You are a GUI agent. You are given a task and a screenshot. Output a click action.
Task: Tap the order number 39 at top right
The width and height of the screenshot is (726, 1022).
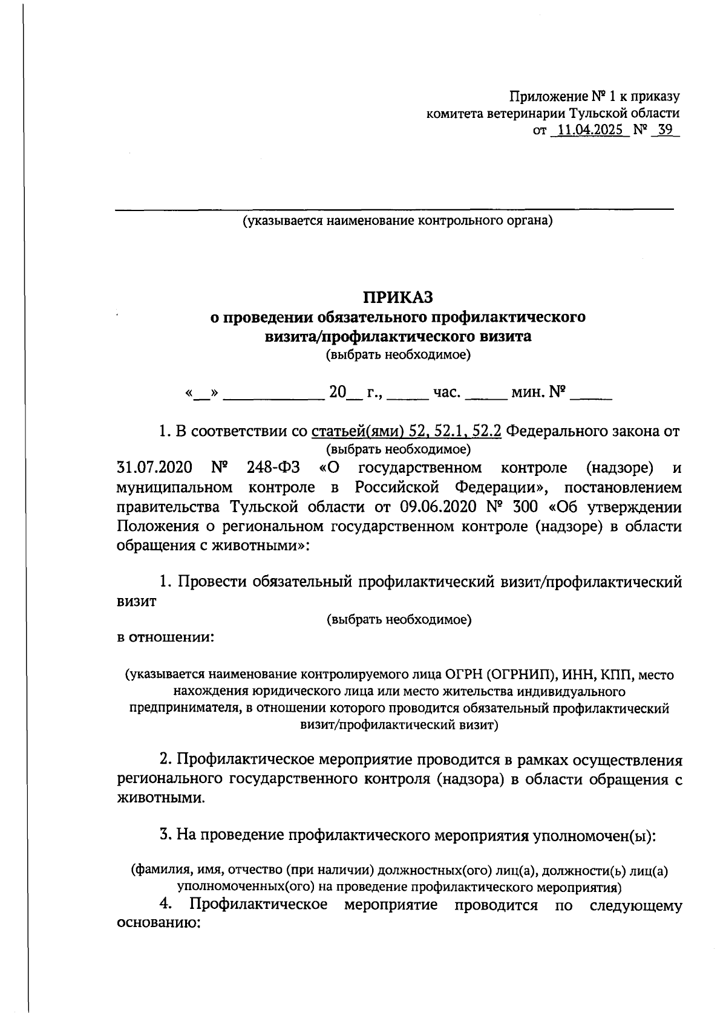[665, 130]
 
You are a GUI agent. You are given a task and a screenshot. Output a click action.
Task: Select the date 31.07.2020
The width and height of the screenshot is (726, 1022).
[154, 467]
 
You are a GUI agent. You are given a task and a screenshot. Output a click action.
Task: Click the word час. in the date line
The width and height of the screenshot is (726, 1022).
[448, 394]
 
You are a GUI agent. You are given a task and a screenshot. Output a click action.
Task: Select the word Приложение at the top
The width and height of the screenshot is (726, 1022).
[548, 96]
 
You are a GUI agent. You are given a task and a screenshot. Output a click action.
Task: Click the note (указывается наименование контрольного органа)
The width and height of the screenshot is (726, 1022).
[398, 221]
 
